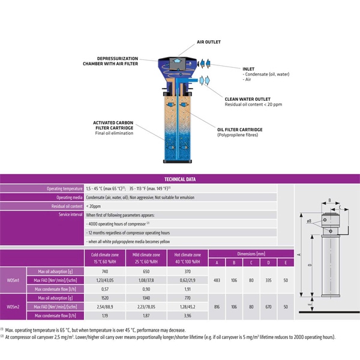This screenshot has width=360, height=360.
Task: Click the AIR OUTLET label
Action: (209, 42)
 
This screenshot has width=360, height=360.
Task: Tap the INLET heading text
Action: (248, 68)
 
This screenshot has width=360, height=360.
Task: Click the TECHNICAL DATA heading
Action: (180, 179)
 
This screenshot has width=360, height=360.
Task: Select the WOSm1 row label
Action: (13, 280)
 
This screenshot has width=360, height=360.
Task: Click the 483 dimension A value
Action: (217, 280)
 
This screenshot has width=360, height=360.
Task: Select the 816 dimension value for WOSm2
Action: (217, 306)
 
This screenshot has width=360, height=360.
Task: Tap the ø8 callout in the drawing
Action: (310, 221)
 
